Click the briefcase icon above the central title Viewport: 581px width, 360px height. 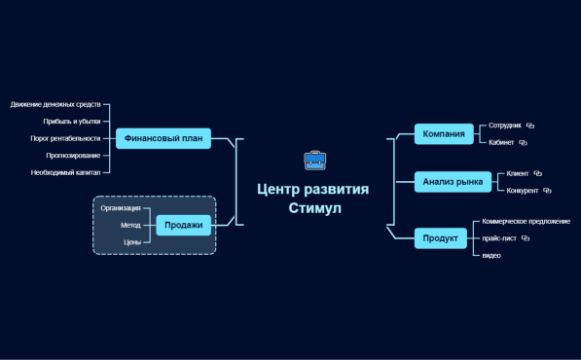pyautogui.click(x=314, y=162)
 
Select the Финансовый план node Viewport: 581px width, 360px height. pyautogui.click(x=163, y=138)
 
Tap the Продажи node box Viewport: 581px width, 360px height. pyautogui.click(x=183, y=225)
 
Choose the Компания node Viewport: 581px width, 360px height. pyautogui.click(x=443, y=133)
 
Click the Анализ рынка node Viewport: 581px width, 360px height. pyautogui.click(x=453, y=182)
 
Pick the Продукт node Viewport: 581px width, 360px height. pyautogui.click(x=440, y=237)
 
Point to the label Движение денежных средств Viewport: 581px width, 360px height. pyautogui.click(x=55, y=104)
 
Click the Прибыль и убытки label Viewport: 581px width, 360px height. pyautogui.click(x=72, y=122)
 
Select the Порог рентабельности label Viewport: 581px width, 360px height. pyautogui.click(x=65, y=138)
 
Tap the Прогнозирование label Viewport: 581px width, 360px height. pyautogui.click(x=73, y=155)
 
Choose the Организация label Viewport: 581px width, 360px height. pyautogui.click(x=121, y=207)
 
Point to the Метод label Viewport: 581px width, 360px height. pyautogui.click(x=130, y=225)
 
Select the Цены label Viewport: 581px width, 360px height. pyautogui.click(x=132, y=241)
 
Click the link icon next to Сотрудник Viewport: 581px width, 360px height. pyautogui.click(x=531, y=126)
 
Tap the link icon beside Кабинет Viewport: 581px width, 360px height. pyautogui.click(x=523, y=142)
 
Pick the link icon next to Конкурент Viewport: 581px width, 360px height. pyautogui.click(x=547, y=190)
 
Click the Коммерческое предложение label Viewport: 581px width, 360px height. pyautogui.click(x=527, y=221)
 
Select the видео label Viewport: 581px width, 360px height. pyautogui.click(x=491, y=255)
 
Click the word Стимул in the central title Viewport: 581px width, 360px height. pyautogui.click(x=315, y=208)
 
